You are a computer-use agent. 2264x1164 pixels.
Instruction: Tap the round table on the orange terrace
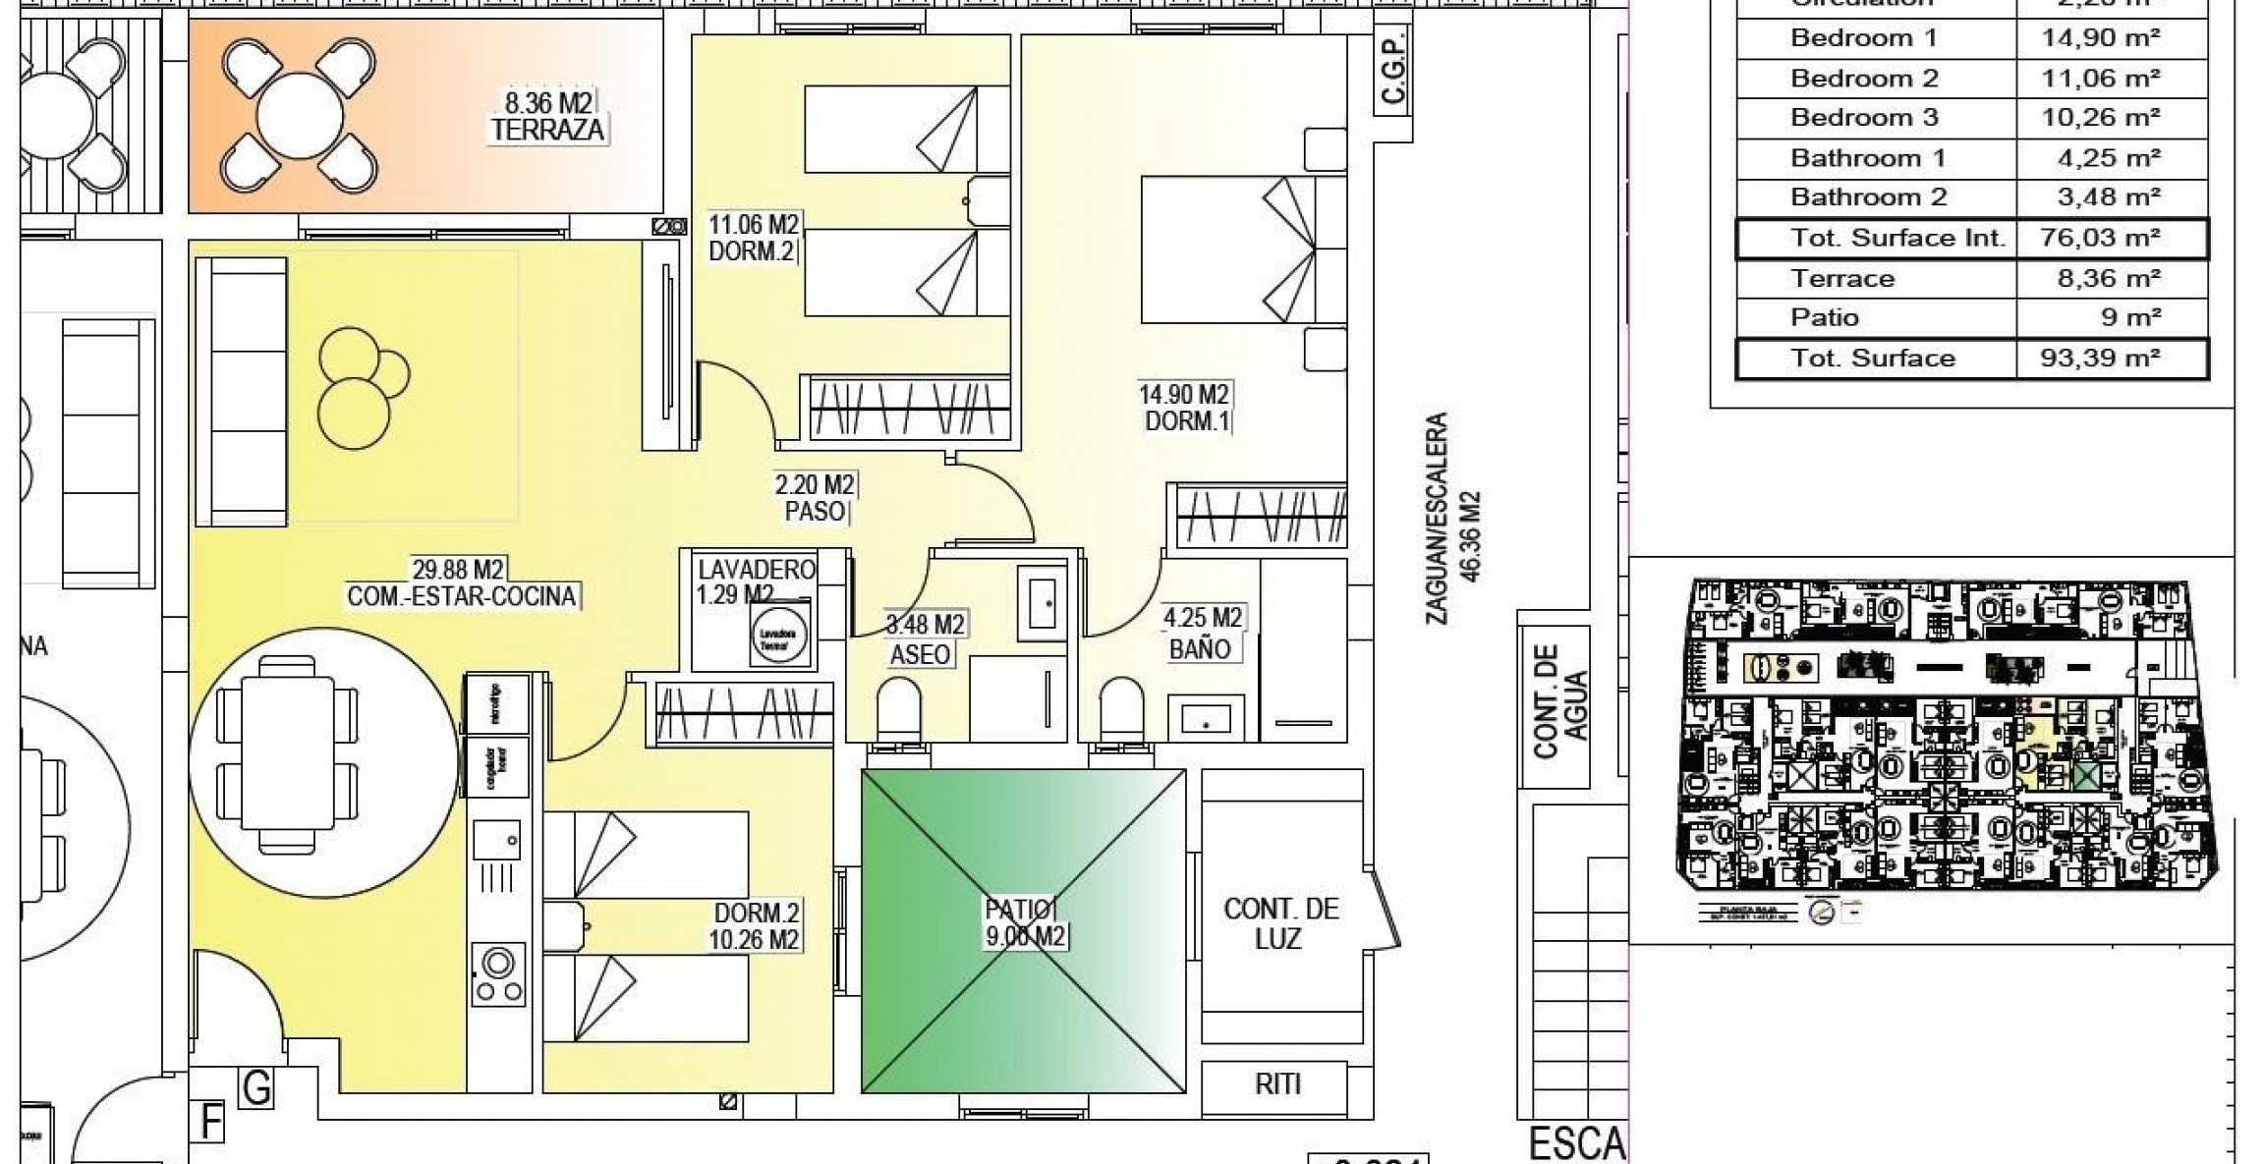point(299,116)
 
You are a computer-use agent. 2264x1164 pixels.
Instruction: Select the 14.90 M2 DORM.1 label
point(1185,408)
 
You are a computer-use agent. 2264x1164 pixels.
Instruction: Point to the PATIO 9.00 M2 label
point(1024,923)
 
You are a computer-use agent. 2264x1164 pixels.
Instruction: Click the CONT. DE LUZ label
point(1279,923)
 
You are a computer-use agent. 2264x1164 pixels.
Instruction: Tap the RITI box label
point(1277,1084)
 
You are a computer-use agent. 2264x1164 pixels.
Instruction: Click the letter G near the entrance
point(256,1088)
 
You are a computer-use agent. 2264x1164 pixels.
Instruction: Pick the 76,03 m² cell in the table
point(2109,238)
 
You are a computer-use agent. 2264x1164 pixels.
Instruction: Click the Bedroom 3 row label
point(1864,118)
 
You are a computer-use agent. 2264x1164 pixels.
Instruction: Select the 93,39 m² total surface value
point(2109,358)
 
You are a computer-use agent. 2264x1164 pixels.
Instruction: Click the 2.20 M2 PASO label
point(815,497)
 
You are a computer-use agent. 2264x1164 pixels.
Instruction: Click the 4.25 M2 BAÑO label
point(1202,633)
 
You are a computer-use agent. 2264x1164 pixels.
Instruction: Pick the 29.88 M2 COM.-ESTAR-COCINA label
point(461,582)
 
